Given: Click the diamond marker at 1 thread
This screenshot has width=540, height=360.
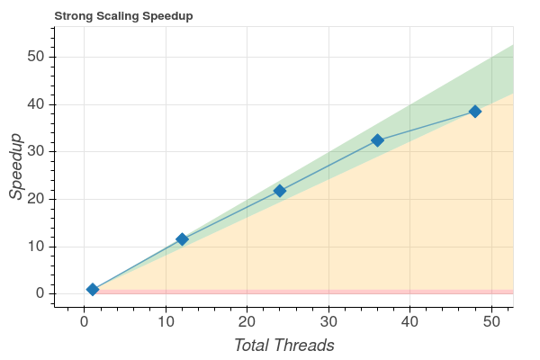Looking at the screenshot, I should (93, 289).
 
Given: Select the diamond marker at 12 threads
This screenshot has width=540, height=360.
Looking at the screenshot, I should (182, 239).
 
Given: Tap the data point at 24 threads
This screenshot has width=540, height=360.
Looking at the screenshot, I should (280, 191).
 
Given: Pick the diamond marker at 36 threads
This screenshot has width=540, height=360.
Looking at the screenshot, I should (377, 140).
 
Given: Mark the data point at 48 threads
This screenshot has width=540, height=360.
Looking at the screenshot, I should (475, 112).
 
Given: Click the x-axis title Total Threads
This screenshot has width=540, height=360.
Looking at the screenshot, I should (284, 345).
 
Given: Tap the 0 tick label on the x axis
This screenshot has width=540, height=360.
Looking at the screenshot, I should (84, 321).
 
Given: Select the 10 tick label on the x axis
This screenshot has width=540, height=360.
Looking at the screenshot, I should (166, 321).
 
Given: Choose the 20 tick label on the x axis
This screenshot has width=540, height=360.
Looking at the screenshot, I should (247, 321).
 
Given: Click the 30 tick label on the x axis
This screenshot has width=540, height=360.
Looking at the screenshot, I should (328, 321).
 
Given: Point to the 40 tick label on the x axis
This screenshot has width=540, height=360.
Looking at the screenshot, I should (410, 321).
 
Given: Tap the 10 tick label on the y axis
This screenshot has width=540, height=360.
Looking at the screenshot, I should (36, 247).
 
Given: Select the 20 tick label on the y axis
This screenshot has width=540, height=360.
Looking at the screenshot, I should (36, 199).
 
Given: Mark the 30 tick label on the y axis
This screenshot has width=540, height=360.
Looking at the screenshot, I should (36, 152).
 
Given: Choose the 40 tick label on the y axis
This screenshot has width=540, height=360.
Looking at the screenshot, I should (36, 104).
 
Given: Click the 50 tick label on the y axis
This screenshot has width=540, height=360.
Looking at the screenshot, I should (36, 57).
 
